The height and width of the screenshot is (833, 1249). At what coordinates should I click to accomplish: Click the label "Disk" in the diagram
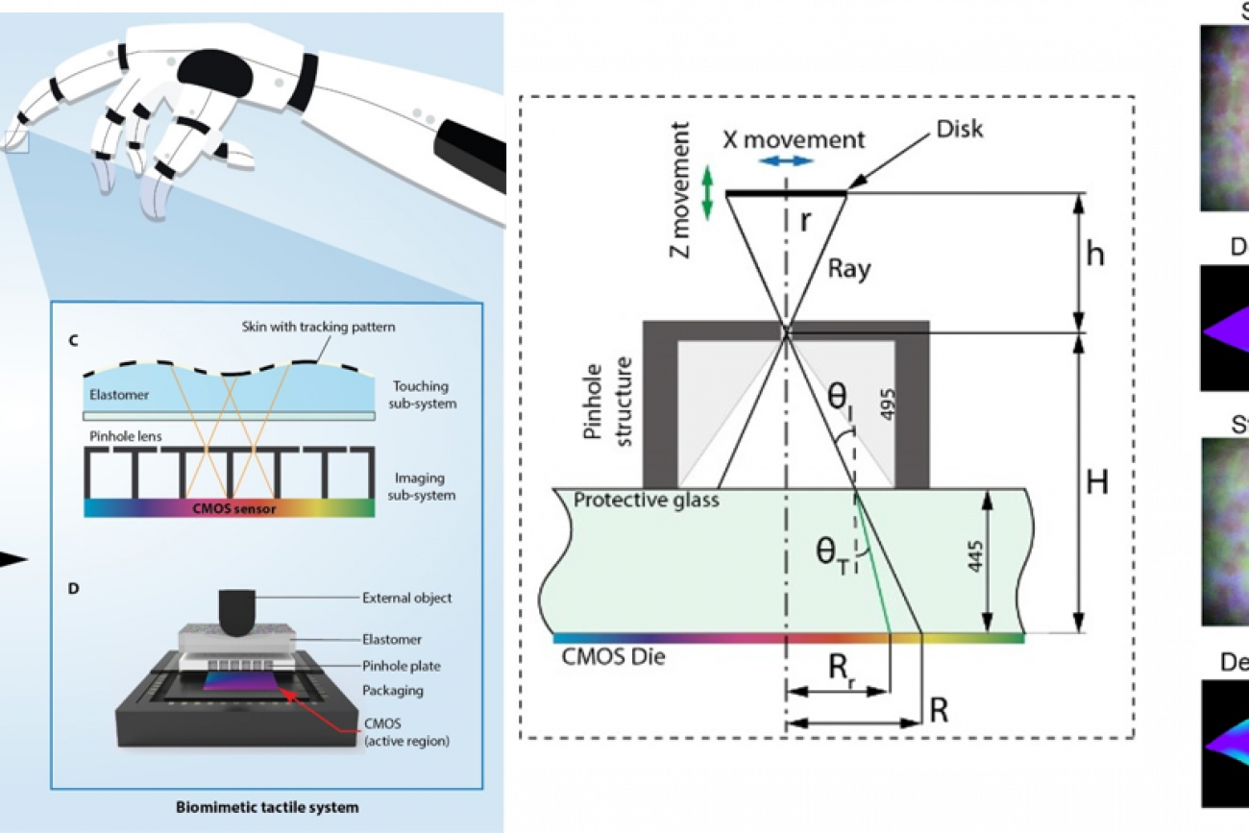(x=960, y=128)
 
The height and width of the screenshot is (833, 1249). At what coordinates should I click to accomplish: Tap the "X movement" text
(x=794, y=138)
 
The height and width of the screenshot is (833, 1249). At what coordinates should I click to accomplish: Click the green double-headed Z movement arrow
(x=709, y=191)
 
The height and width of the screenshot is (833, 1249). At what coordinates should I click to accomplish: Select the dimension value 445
(x=973, y=561)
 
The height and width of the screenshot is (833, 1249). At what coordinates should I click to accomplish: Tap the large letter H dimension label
(x=1096, y=482)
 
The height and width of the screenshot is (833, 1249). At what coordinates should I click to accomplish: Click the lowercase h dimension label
(x=1094, y=256)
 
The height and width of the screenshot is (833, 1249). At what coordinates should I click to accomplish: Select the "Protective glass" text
(x=646, y=501)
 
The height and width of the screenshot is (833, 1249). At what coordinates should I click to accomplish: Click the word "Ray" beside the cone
(x=848, y=268)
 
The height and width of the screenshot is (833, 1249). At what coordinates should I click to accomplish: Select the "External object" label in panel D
(x=406, y=598)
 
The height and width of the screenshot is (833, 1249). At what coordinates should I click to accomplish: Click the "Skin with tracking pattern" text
(x=318, y=327)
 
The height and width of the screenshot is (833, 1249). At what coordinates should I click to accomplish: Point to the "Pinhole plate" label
(x=401, y=666)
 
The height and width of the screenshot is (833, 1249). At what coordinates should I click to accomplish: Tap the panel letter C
(x=73, y=339)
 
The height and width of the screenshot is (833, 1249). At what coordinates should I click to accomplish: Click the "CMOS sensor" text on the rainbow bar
(x=230, y=508)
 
